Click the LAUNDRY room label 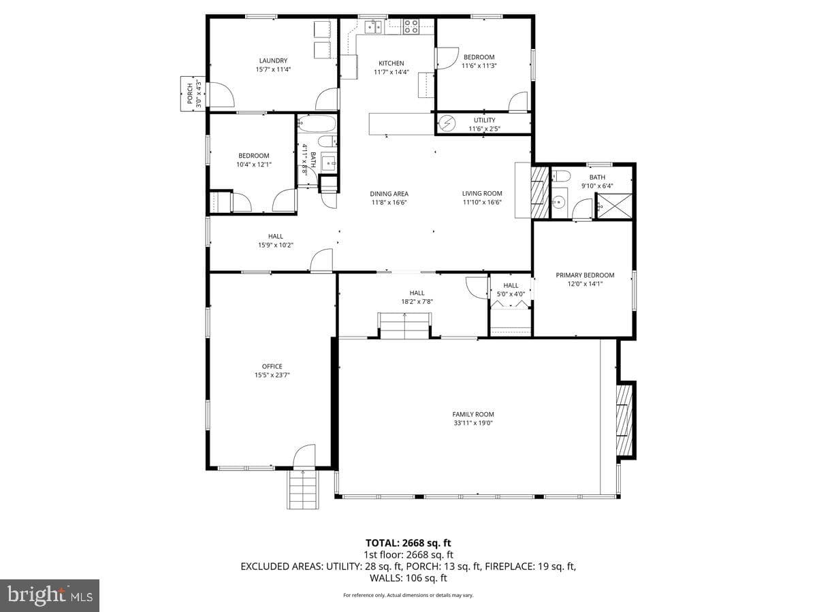pos(273,61)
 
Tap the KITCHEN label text pos(391,63)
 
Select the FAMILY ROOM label pos(473,414)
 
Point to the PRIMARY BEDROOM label pos(585,275)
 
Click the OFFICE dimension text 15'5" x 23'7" pos(272,375)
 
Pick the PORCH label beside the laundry pos(190,93)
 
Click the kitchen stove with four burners pos(411,27)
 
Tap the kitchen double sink pos(373,27)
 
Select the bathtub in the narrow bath pos(317,123)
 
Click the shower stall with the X pos(614,206)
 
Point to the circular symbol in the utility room pos(446,122)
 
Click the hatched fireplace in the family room pos(624,420)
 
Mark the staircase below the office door pos(303,490)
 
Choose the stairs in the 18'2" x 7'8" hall pos(404,326)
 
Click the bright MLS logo pos(50,596)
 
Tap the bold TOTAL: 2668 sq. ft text pos(408,543)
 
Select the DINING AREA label pos(389,194)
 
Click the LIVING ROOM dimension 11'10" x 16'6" pos(482,202)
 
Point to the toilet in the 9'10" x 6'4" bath pos(560,175)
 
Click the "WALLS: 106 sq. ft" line pos(408,578)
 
